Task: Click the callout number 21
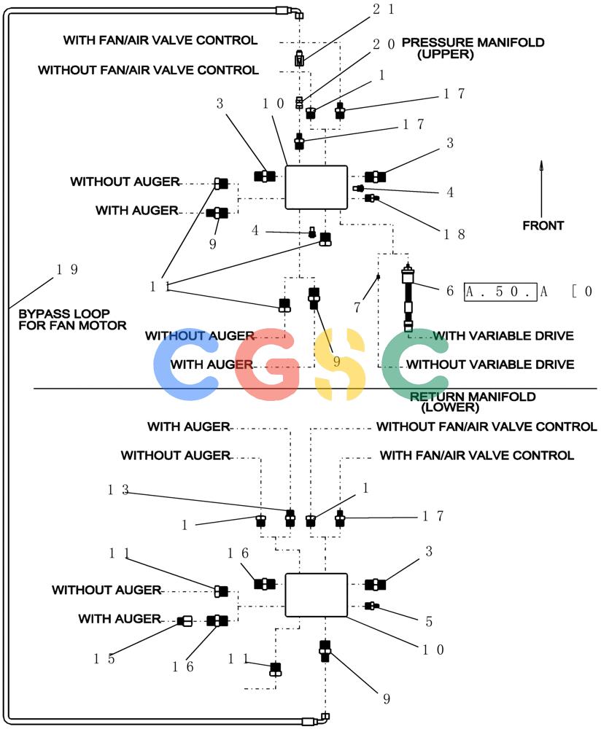point(384,9)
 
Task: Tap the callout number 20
point(384,44)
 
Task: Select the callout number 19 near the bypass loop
point(67,269)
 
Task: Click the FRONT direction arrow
point(541,189)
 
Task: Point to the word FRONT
point(543,225)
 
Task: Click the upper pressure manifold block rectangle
point(317,187)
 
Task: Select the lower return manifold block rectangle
point(317,595)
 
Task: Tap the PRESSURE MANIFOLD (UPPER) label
point(473,48)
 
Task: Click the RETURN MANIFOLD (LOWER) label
point(472,402)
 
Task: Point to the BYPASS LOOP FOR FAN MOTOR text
point(72,319)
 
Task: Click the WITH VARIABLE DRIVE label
point(503,335)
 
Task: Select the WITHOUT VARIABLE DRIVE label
point(490,364)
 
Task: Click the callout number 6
point(450,291)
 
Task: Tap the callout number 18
point(454,234)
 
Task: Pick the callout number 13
point(118,490)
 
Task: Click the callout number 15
point(104,659)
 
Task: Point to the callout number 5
point(429,622)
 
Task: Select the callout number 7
point(357,307)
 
